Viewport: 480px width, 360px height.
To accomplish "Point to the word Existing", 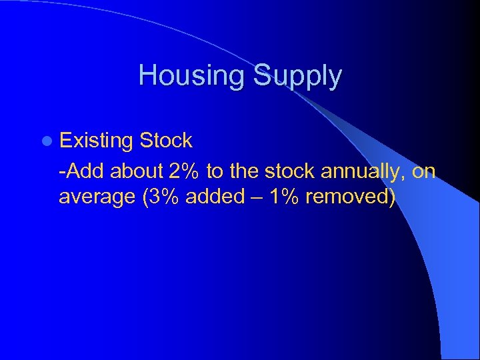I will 97,141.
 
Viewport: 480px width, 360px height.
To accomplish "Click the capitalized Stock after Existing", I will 166,141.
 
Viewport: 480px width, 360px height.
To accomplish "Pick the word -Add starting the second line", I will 82,171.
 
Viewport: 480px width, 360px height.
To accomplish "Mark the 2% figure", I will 185,171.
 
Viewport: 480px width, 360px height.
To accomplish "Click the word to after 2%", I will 215,171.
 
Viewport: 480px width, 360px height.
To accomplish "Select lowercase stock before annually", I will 291,171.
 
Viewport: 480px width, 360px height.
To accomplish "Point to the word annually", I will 363,172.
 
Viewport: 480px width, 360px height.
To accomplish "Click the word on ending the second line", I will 424,171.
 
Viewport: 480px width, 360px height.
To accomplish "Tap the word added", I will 213,197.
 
